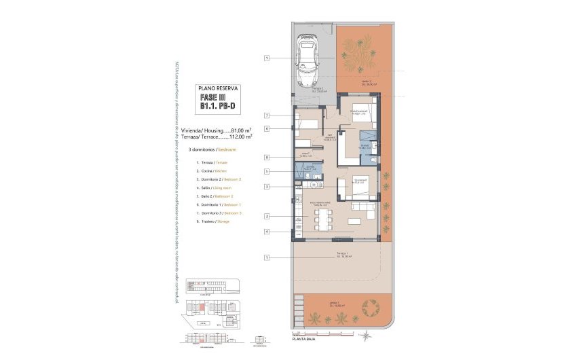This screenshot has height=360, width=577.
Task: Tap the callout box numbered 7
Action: pyautogui.click(x=267, y=115)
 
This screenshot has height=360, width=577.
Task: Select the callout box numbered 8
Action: pyautogui.click(x=267, y=157)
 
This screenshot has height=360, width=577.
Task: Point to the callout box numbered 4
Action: pyautogui.click(x=267, y=232)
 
